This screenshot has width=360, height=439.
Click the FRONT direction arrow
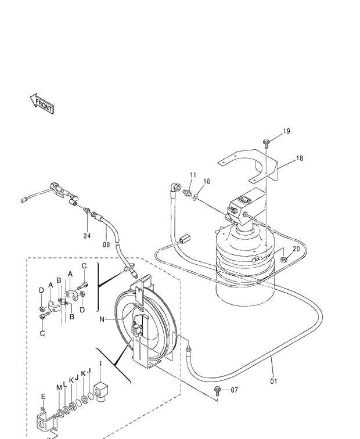pos(41,104)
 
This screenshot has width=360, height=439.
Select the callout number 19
pos(286,132)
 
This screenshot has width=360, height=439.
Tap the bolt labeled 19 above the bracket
pos(266,142)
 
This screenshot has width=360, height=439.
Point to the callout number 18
pos(299,158)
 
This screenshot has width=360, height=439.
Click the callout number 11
pos(193,175)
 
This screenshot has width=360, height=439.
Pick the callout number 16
pos(207,182)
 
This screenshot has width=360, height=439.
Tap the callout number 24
pos(87,236)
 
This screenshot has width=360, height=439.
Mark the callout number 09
pos(106,244)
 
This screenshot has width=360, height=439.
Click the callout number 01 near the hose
pos(273,382)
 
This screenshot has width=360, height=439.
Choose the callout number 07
pos(234,390)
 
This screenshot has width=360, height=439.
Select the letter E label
pos(43,397)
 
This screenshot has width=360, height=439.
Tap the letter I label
pos(100,364)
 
